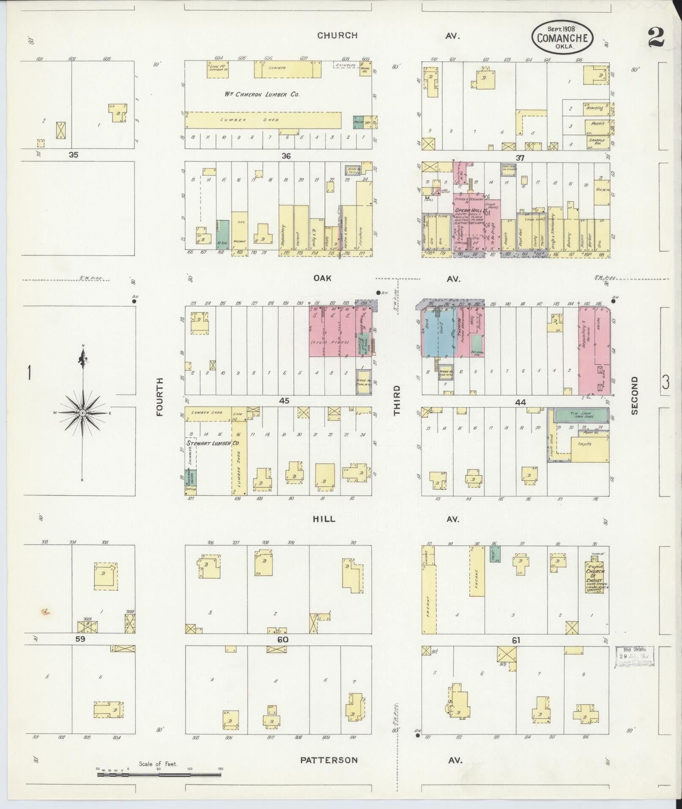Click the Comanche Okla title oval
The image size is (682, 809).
[562, 38]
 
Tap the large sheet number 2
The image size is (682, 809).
[656, 38]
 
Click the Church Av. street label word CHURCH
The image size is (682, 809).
[337, 36]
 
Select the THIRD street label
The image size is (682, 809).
[397, 400]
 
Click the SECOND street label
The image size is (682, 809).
[634, 395]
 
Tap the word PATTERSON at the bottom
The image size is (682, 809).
[329, 760]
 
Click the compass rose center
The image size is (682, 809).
[83, 412]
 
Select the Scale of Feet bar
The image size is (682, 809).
[159, 775]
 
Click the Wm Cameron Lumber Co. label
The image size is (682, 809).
[262, 94]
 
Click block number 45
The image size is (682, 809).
[284, 400]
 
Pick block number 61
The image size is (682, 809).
[515, 640]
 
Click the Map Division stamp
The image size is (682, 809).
[634, 657]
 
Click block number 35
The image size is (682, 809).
[74, 155]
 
